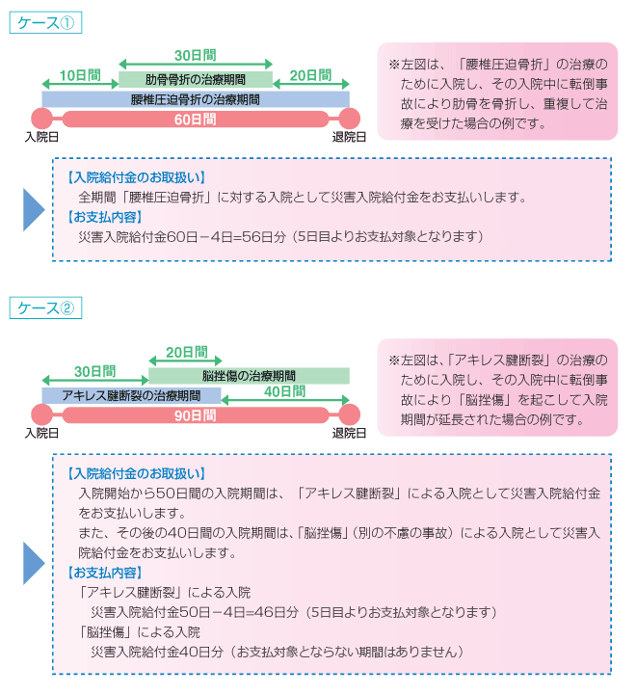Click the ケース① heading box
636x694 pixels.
tap(45, 22)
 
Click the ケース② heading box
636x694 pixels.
tap(45, 307)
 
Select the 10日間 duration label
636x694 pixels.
tap(80, 75)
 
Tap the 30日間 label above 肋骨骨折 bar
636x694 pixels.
tap(196, 55)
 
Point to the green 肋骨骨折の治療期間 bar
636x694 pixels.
tap(196, 80)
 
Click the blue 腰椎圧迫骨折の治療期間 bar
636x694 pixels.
tap(196, 99)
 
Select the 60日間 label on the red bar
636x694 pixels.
tap(196, 120)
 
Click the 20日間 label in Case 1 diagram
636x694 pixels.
tap(310, 75)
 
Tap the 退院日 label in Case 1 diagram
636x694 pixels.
tap(349, 137)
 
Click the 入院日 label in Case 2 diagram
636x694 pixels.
tap(41, 433)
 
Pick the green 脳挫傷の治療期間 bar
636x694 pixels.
tap(249, 376)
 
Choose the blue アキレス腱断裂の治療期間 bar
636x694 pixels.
tap(131, 395)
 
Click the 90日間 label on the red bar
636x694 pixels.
tap(196, 415)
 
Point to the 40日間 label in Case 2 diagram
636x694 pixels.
tap(284, 391)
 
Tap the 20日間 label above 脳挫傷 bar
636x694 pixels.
tap(187, 352)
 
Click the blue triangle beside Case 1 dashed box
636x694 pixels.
tap(34, 210)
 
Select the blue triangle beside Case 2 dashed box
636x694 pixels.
tap(34, 563)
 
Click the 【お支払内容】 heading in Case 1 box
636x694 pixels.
tap(105, 217)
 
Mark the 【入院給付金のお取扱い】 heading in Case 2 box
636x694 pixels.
tap(136, 473)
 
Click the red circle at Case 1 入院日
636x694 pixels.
tap(41, 119)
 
